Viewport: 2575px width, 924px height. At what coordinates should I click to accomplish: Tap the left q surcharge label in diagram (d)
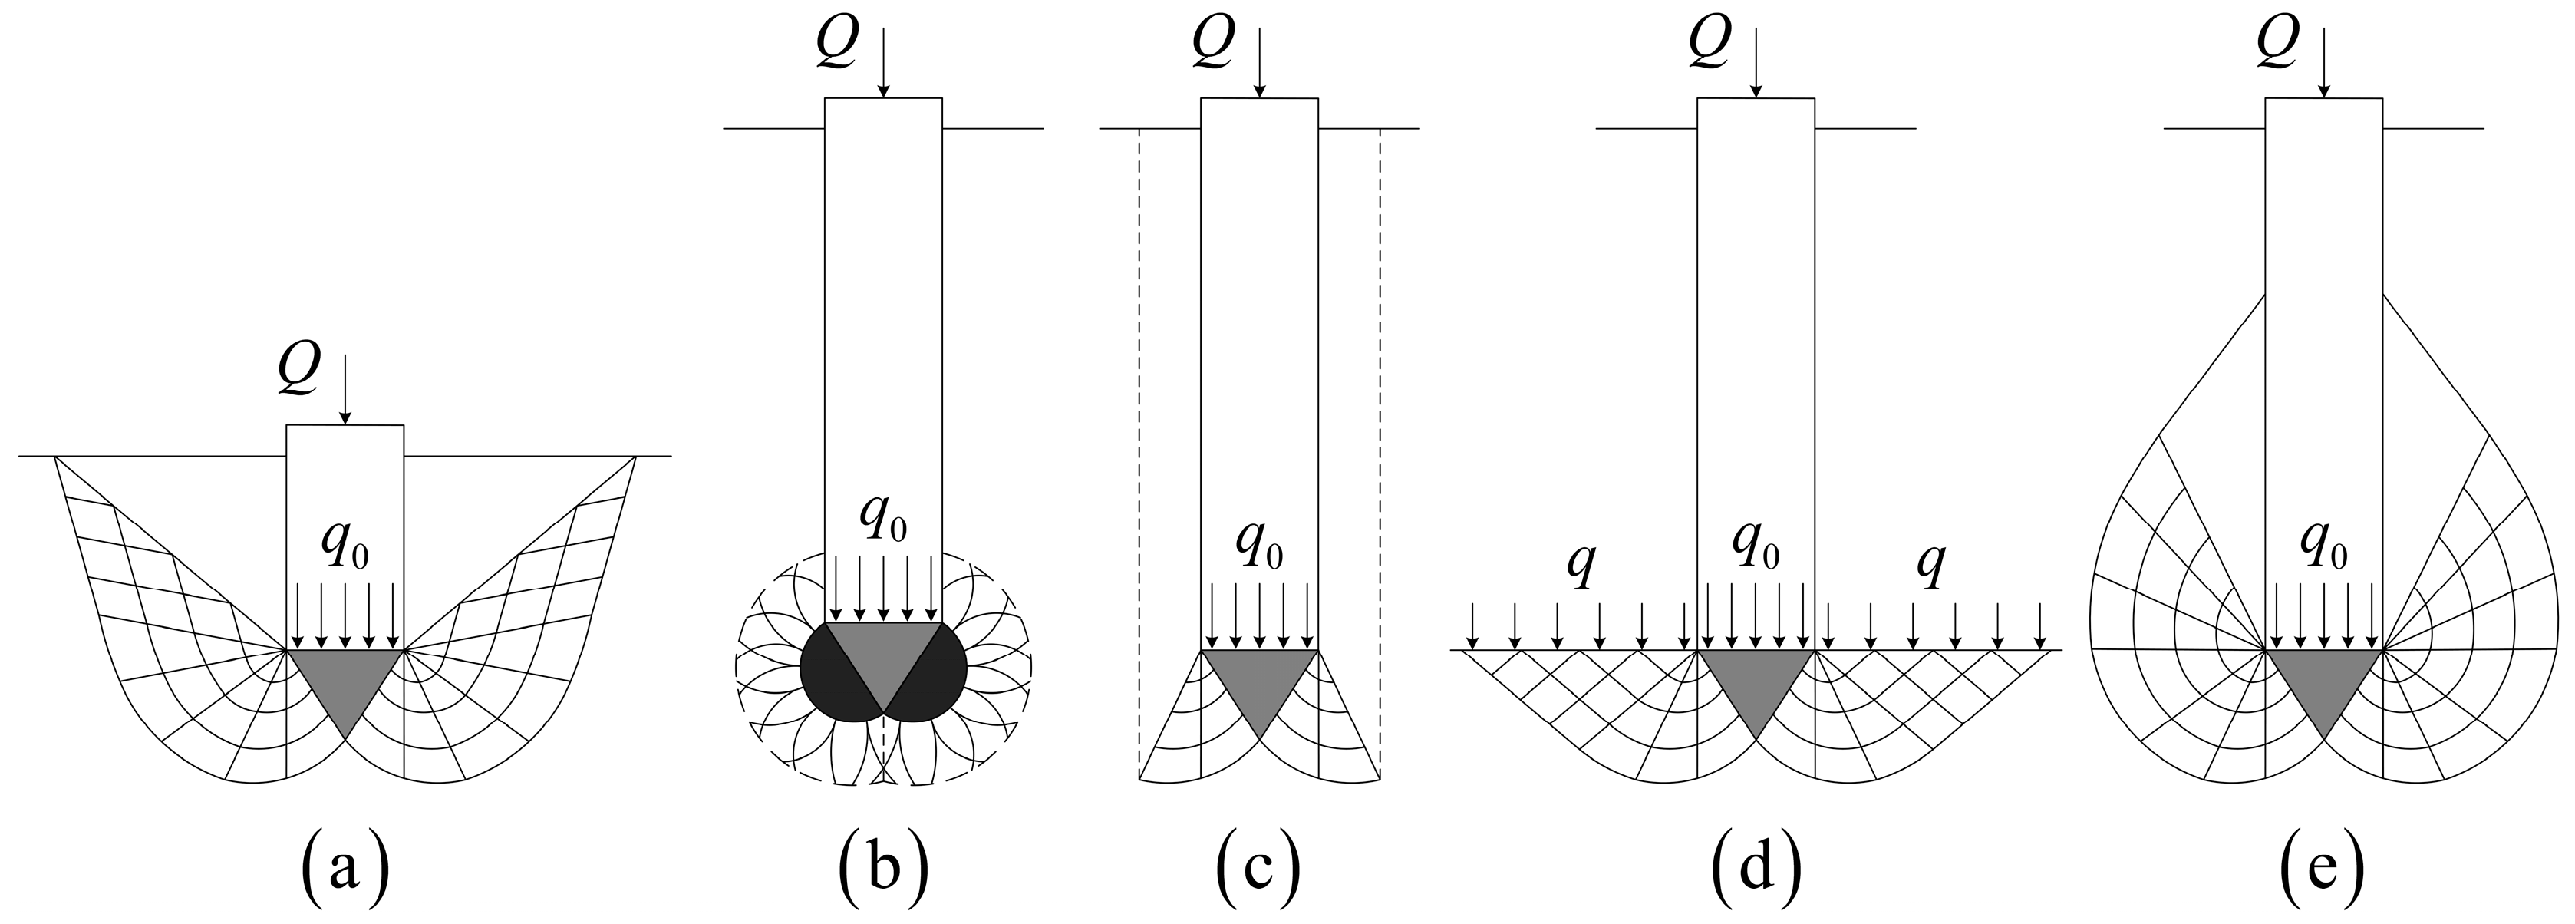1579,568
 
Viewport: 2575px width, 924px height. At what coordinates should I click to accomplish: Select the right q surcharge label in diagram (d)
1931,568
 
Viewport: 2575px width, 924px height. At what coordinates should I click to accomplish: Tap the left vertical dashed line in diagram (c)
1139,450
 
